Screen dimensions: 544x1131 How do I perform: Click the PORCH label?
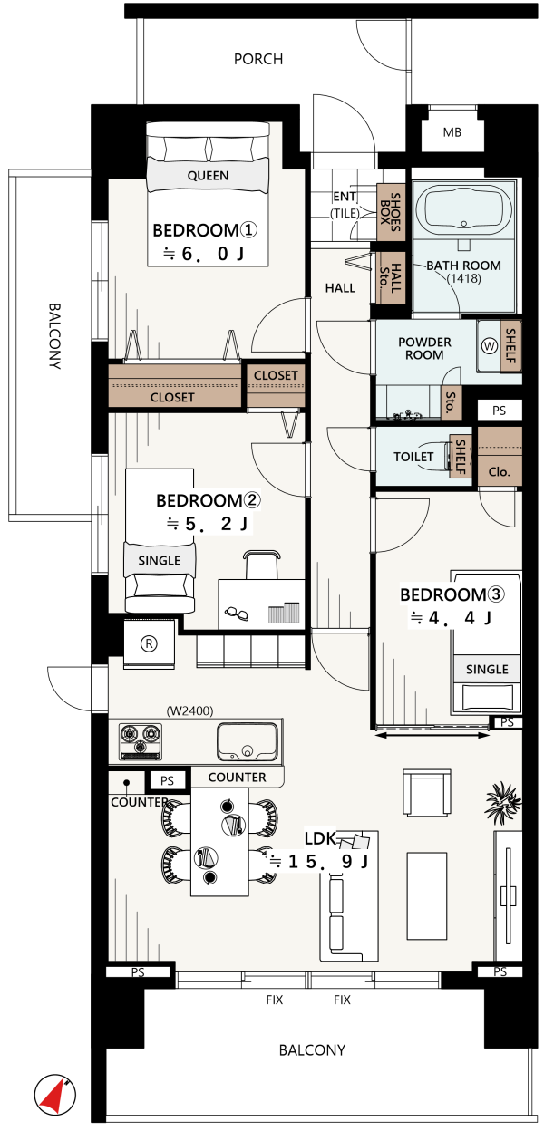coord(258,59)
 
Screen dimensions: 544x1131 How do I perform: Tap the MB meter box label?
coord(452,132)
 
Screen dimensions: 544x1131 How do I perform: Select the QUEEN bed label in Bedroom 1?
coord(209,176)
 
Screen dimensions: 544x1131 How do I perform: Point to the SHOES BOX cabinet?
coord(391,212)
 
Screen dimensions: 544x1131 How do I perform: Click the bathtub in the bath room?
coord(463,208)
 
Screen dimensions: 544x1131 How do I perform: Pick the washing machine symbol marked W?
coord(489,346)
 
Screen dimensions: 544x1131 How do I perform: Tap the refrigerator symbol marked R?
coord(149,643)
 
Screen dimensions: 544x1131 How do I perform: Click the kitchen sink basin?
coord(248,741)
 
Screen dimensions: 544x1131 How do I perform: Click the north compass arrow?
coord(55,1095)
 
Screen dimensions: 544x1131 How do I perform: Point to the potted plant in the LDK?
coord(503,801)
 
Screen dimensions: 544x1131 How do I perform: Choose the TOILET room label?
coord(413,457)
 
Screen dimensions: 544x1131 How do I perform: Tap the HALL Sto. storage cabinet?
coord(391,278)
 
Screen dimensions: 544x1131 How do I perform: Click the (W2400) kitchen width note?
coord(189,710)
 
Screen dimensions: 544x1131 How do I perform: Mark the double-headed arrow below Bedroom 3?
coord(432,735)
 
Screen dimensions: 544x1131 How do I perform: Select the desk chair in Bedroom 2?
coord(262,565)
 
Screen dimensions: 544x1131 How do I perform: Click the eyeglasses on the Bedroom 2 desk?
coord(237,614)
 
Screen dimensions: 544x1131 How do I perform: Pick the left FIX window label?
coord(275,1000)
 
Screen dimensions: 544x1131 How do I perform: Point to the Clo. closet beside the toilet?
coord(499,457)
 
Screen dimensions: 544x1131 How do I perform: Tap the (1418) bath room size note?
coord(463,278)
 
